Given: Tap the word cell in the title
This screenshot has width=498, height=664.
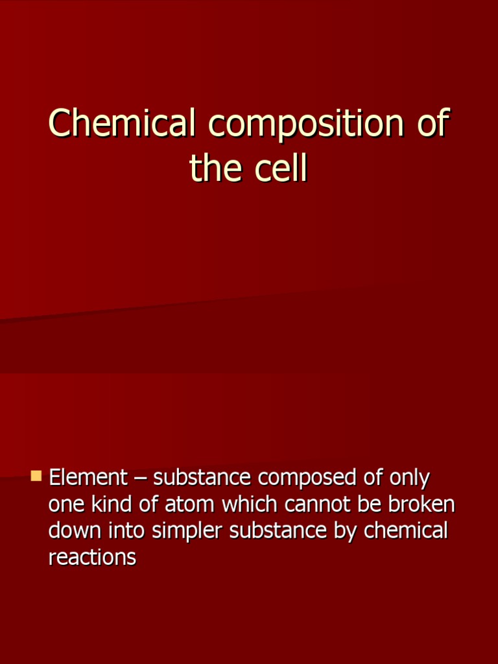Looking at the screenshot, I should [x=280, y=169].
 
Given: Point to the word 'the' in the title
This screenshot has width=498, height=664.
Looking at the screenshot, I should [x=216, y=169].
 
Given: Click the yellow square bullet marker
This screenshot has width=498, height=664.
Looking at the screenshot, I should [x=36, y=477].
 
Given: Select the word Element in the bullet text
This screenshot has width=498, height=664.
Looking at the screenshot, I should [x=88, y=478].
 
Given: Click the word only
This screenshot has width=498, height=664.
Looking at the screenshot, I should [x=409, y=478].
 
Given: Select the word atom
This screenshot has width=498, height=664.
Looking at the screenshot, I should [x=190, y=504].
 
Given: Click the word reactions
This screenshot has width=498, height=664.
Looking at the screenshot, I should [x=92, y=557].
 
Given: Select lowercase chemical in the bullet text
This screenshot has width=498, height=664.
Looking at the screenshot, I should [x=406, y=530].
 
